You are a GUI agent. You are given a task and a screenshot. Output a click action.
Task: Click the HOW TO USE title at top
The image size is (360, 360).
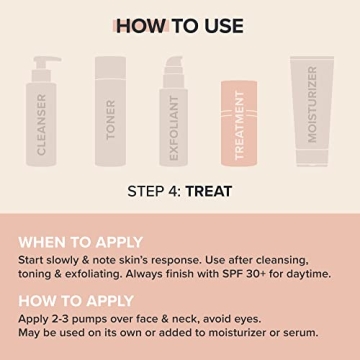point(180,26)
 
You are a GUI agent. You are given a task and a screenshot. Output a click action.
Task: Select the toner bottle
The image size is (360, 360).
point(111,115)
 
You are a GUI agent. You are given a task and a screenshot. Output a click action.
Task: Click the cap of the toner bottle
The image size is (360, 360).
point(111,67)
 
